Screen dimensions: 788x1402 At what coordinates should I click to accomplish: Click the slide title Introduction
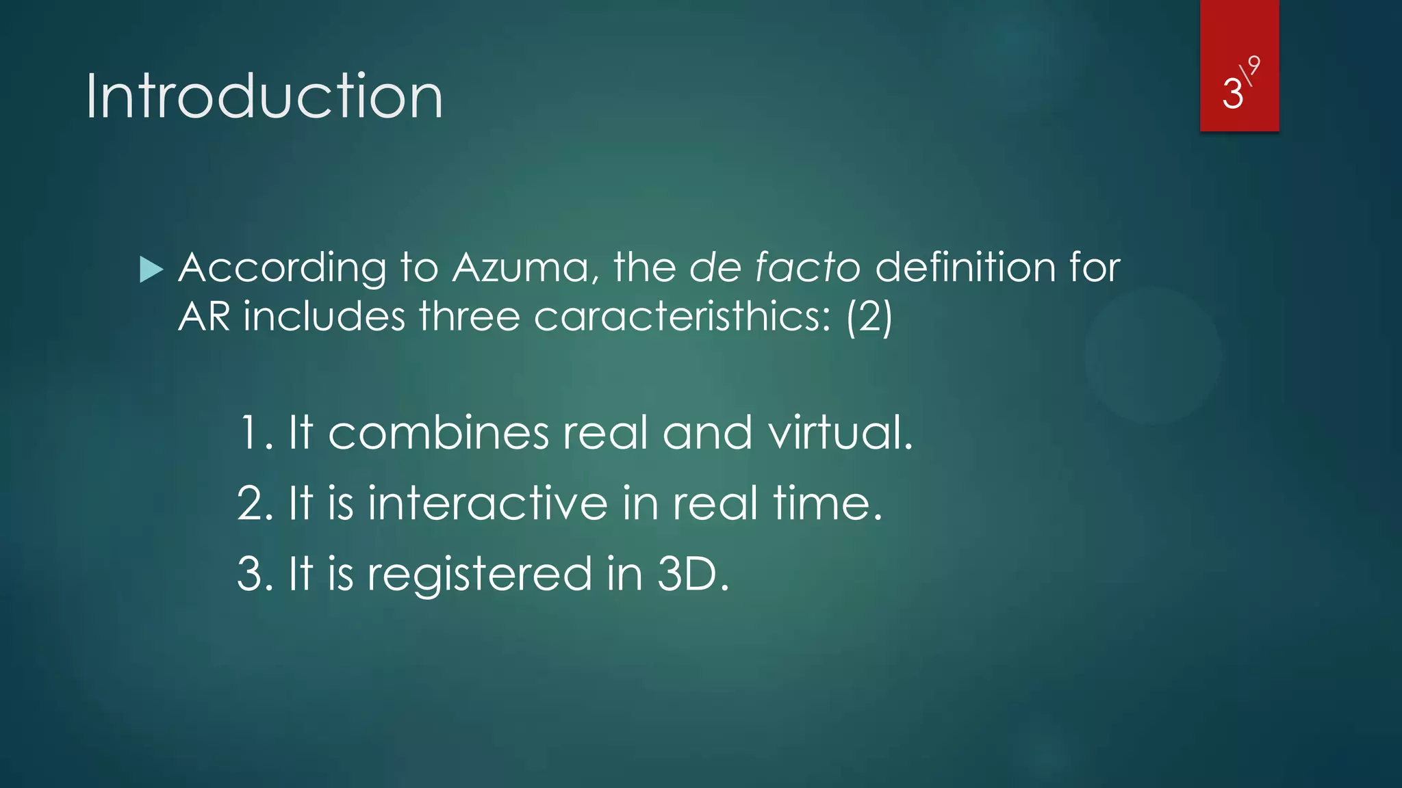(264, 96)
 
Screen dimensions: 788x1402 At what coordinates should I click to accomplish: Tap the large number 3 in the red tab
(1232, 94)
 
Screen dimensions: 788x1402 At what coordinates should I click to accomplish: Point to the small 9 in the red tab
(1253, 66)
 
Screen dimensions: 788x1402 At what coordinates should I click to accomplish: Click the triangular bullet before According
(151, 270)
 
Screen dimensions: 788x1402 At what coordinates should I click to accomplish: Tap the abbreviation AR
(204, 317)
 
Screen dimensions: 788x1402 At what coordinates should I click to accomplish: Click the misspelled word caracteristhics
(682, 317)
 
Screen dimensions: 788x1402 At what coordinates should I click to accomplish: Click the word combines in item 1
(438, 433)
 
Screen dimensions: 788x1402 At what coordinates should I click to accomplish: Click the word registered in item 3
(479, 575)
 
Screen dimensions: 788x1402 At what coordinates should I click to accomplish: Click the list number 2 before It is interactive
(251, 503)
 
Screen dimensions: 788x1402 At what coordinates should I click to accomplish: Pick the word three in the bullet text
(470, 317)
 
